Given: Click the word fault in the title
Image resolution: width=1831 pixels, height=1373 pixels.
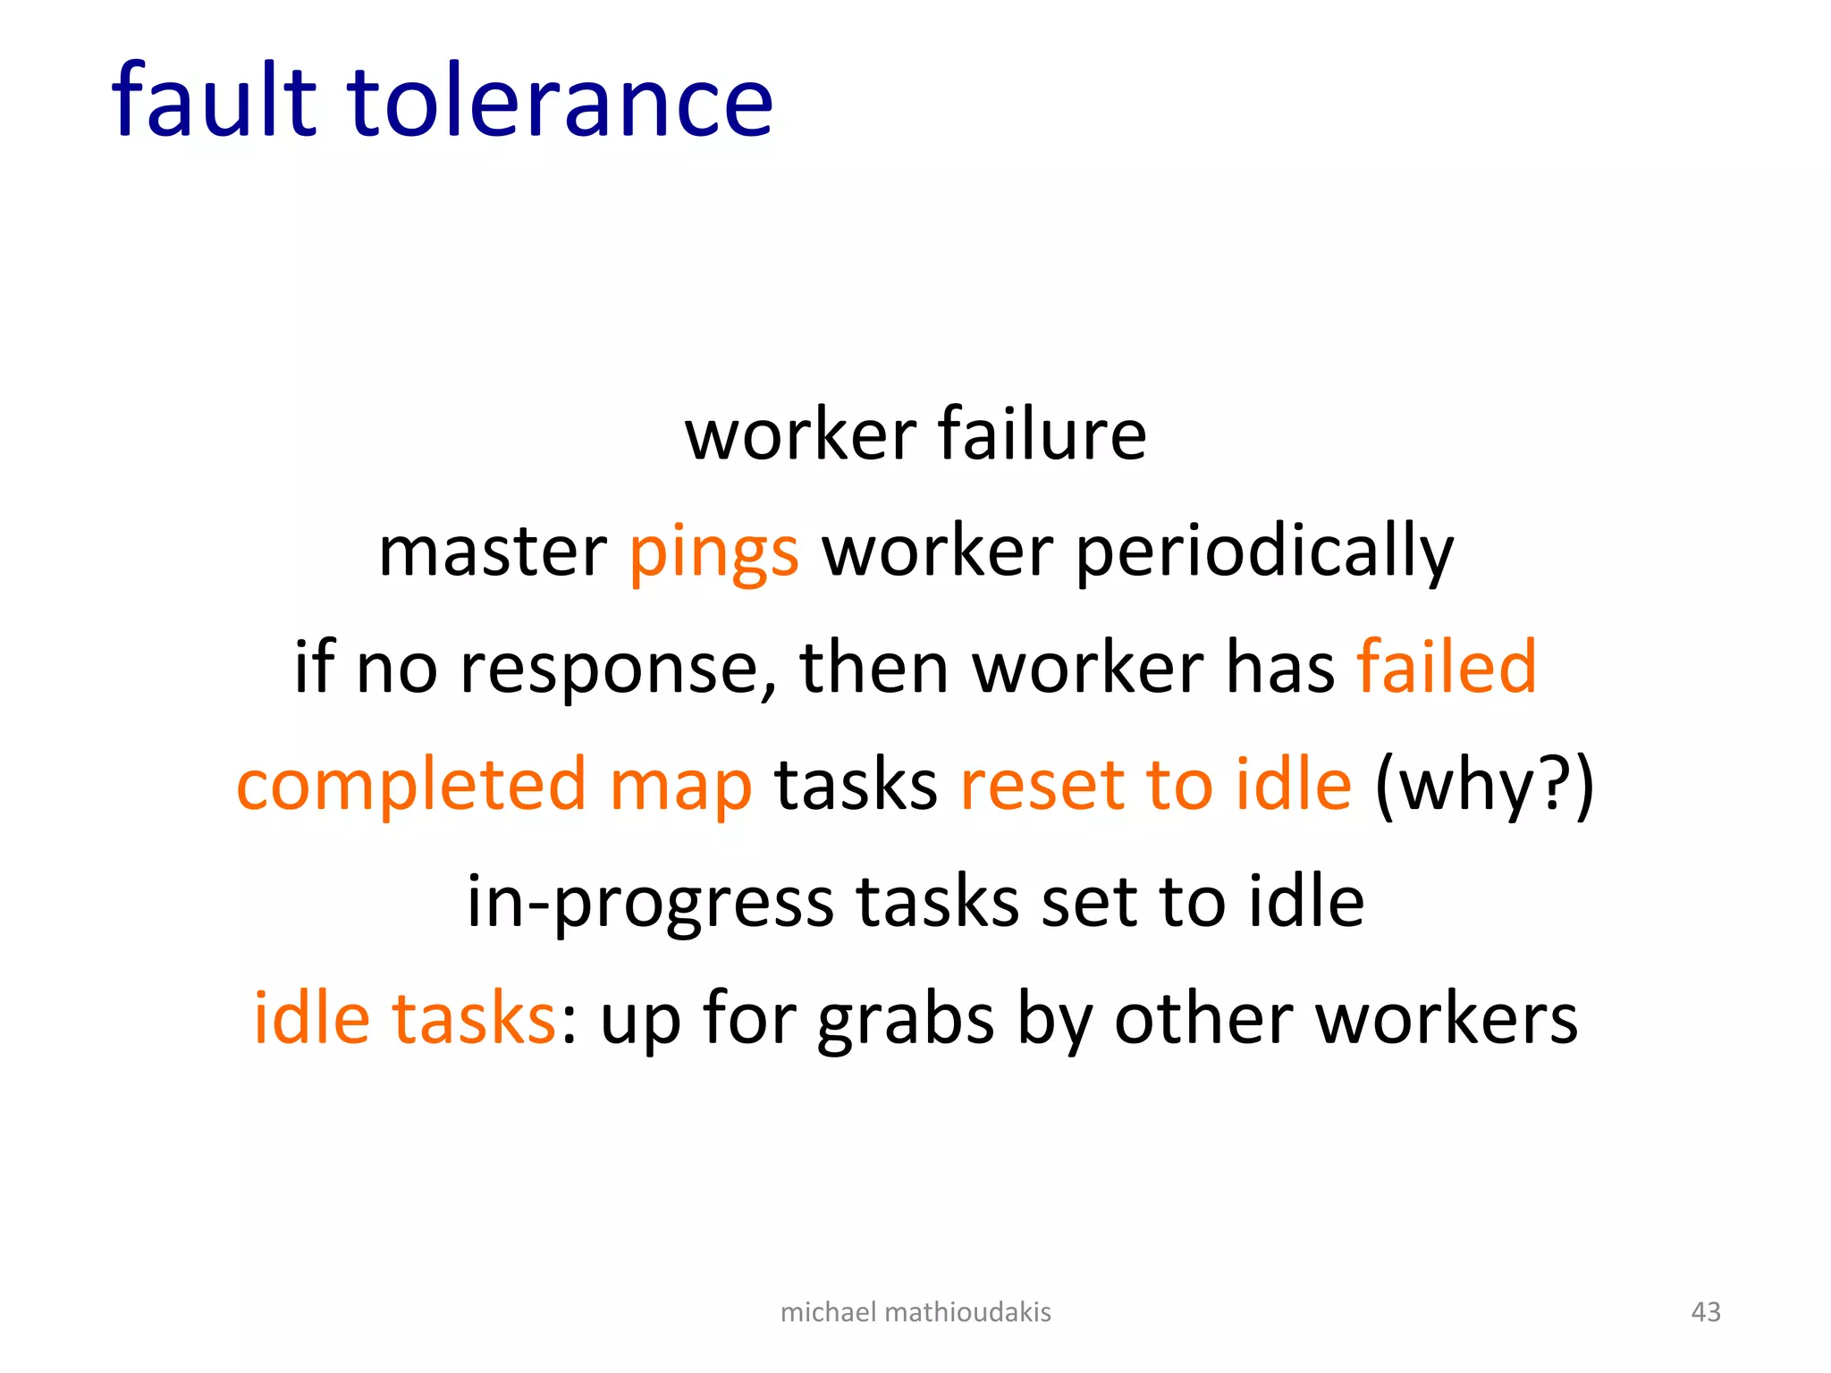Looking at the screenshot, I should click(214, 100).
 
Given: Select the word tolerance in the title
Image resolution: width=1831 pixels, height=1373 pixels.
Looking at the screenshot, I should click(559, 100).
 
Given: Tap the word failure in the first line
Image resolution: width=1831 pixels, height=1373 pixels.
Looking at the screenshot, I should click(1042, 434).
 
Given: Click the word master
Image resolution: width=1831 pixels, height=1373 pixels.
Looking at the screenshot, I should click(493, 552).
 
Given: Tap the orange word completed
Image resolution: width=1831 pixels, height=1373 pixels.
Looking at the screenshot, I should click(411, 786).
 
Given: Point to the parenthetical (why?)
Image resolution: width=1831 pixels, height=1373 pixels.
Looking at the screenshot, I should click(1484, 786).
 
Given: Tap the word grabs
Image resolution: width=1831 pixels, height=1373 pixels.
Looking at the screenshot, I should click(905, 1020).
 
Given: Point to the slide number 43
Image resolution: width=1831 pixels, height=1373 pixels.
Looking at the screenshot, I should click(1706, 1311).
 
